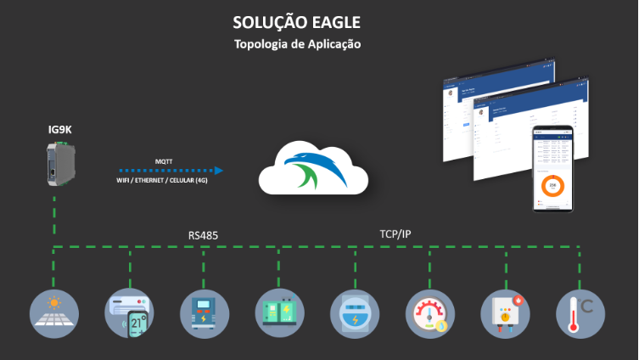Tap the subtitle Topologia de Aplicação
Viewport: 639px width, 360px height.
click(x=297, y=44)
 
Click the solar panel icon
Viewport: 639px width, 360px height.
click(x=54, y=314)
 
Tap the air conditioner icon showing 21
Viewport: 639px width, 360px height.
click(x=130, y=314)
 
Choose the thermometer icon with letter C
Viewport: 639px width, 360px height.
click(x=581, y=314)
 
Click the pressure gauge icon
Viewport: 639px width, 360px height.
click(x=430, y=314)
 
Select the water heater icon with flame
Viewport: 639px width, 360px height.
click(x=505, y=314)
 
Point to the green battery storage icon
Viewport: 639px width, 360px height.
click(x=280, y=314)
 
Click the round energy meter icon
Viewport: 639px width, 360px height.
click(x=355, y=314)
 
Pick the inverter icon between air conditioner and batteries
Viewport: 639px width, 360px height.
click(x=205, y=314)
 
